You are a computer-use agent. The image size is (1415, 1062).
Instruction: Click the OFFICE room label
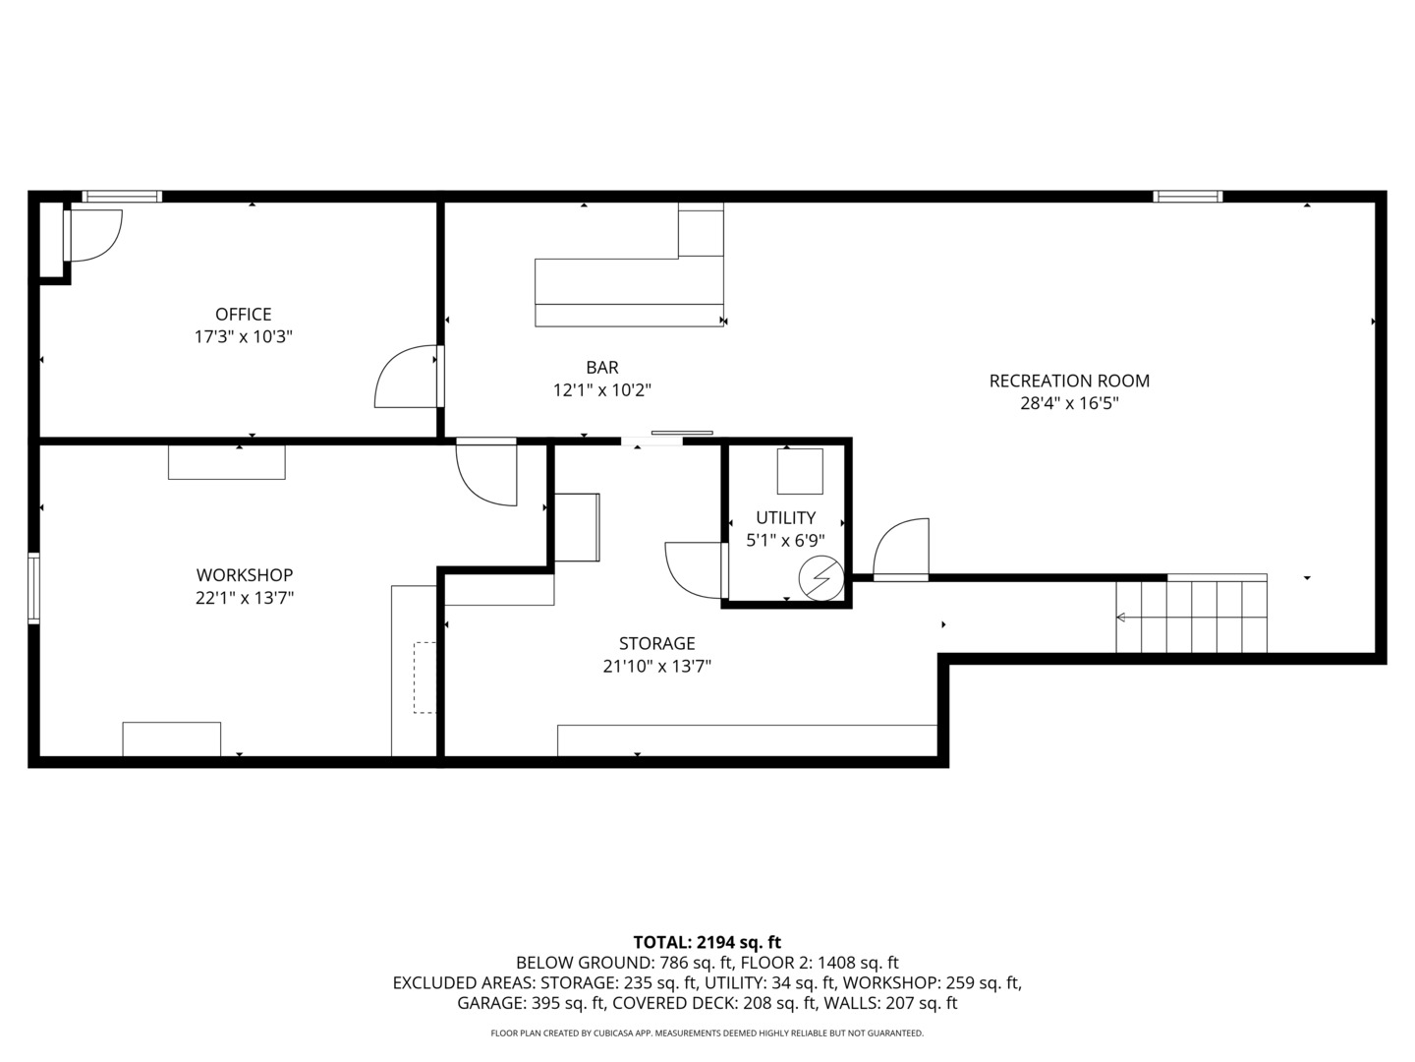(243, 314)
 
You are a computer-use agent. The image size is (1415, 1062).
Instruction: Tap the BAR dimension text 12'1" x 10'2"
(602, 390)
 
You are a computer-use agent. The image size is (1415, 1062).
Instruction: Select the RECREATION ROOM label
(1069, 381)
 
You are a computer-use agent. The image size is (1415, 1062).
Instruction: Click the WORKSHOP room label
(245, 574)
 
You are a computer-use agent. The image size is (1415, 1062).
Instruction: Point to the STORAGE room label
(657, 643)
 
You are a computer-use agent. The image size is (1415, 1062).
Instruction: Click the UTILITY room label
(785, 517)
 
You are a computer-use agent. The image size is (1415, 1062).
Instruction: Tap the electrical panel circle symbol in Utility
(821, 578)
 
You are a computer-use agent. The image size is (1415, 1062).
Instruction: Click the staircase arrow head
(1120, 618)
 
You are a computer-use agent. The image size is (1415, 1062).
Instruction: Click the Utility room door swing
(693, 570)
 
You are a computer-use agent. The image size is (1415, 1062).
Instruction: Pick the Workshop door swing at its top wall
(486, 474)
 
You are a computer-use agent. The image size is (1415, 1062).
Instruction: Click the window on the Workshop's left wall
(33, 587)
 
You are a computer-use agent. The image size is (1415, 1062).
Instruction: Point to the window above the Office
(121, 196)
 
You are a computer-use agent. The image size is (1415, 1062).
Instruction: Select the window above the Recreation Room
(1187, 196)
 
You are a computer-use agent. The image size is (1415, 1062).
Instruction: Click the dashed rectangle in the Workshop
(424, 678)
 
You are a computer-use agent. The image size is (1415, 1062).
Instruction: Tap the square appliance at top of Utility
(799, 471)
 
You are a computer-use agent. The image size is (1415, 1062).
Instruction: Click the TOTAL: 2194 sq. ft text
(707, 942)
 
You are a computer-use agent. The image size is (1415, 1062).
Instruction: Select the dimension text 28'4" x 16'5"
(1069, 403)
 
